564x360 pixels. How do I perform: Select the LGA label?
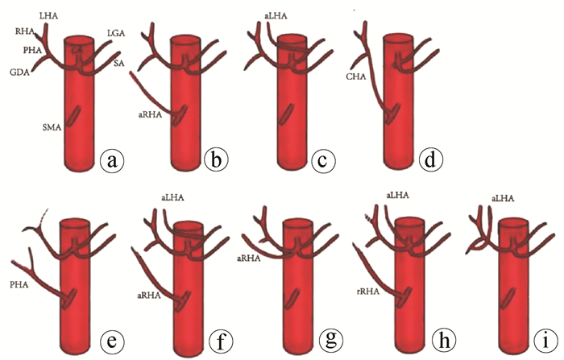(116, 32)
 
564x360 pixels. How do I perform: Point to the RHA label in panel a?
(25, 33)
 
